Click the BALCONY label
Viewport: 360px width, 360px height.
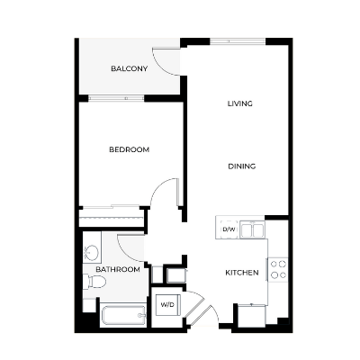point(130,69)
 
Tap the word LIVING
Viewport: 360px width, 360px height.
point(239,103)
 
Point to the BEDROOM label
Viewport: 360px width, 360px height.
point(130,149)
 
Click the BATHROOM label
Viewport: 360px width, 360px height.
point(118,269)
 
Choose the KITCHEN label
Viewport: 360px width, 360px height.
point(242,273)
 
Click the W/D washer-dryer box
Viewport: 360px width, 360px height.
point(167,305)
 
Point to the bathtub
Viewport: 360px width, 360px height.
point(122,315)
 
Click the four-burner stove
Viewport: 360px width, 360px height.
point(279,268)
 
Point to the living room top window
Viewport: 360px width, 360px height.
point(238,42)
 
